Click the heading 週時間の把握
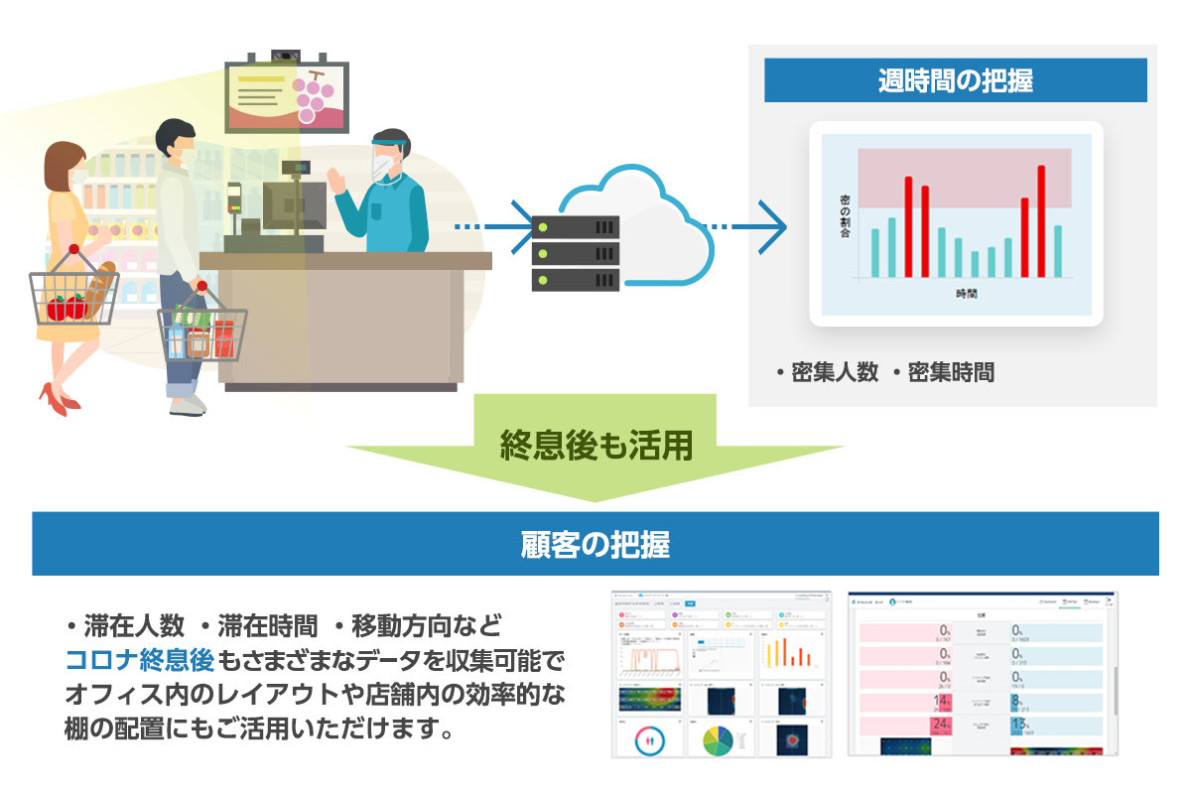click(955, 80)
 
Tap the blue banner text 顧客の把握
click(595, 544)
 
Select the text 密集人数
click(835, 372)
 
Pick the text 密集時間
click(950, 372)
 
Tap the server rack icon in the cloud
click(576, 252)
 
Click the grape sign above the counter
click(288, 97)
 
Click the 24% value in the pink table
click(937, 725)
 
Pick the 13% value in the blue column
click(1019, 725)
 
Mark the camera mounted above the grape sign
click(287, 55)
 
